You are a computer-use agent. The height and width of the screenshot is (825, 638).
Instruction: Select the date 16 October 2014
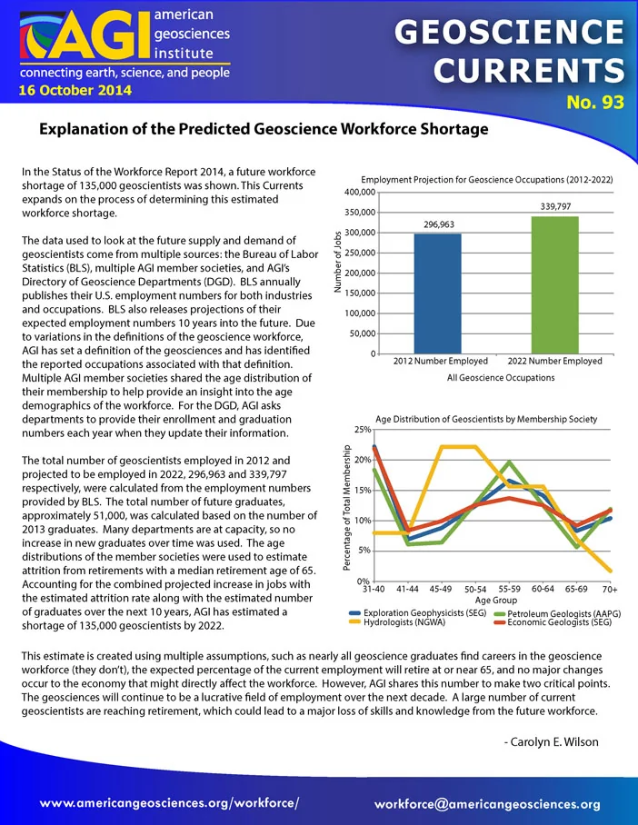(75, 90)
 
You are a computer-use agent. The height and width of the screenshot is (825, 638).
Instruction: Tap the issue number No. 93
(595, 102)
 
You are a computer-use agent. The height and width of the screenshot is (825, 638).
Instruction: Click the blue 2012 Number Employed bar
(437, 293)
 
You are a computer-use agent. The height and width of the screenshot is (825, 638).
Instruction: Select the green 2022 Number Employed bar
(554, 284)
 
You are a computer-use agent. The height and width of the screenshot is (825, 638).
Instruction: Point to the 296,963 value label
(439, 224)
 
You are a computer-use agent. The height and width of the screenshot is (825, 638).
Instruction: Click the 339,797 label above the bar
(556, 207)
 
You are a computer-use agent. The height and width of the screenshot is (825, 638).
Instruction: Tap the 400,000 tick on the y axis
(360, 193)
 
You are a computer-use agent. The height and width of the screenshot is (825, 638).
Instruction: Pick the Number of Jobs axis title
(338, 262)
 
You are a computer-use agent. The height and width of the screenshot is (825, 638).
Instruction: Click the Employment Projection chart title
(487, 179)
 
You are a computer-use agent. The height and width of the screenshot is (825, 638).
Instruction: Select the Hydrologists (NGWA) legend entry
(397, 622)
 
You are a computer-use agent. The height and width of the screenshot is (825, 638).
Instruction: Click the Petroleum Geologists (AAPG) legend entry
(558, 613)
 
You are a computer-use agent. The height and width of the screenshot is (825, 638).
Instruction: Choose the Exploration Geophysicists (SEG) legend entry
(418, 613)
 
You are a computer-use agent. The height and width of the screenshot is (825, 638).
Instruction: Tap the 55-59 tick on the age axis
(509, 590)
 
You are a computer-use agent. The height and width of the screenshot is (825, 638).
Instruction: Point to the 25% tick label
(363, 430)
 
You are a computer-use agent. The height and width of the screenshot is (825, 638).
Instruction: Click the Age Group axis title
(496, 601)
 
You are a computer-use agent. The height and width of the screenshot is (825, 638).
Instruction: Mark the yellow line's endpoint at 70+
(610, 571)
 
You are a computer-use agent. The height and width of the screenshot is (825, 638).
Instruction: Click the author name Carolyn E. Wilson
(551, 742)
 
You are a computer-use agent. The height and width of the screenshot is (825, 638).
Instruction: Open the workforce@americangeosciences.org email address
(487, 804)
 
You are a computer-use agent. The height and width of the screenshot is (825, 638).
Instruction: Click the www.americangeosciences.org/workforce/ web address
(170, 803)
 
